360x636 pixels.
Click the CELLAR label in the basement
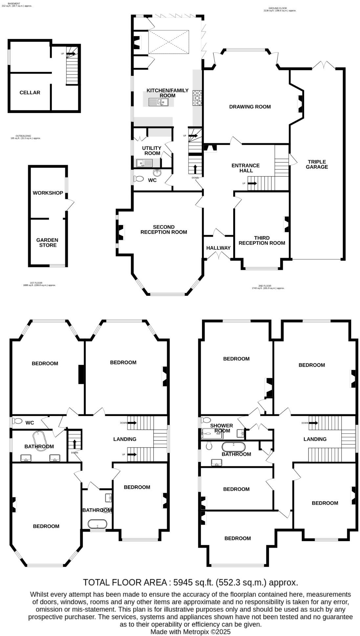(30, 93)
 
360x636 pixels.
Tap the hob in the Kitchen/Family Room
(197, 98)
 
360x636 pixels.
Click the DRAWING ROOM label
(250, 107)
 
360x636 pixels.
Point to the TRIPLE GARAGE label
(317, 164)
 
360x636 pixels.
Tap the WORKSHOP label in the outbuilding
(48, 193)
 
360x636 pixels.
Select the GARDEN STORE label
(48, 243)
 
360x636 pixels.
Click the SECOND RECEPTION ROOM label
(164, 230)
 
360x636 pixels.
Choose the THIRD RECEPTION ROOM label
(261, 240)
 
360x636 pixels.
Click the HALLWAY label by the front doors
(218, 248)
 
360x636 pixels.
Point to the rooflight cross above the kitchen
(169, 42)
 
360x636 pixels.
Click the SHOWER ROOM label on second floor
(222, 428)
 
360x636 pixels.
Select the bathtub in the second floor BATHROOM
(233, 447)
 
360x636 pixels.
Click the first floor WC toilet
(17, 421)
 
